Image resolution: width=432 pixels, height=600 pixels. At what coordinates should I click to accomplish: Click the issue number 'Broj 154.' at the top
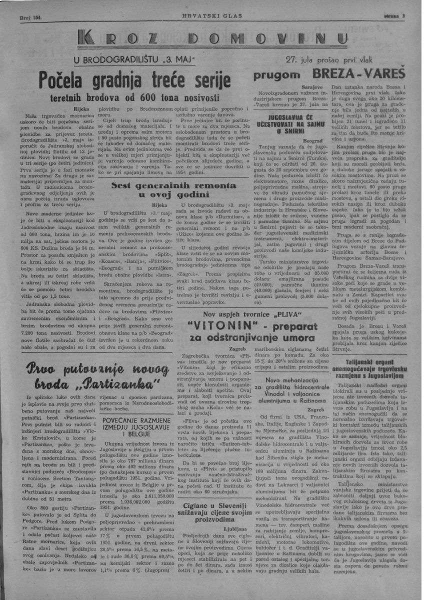pos(29,17)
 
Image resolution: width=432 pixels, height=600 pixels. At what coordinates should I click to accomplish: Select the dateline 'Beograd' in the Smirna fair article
pos(315,141)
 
